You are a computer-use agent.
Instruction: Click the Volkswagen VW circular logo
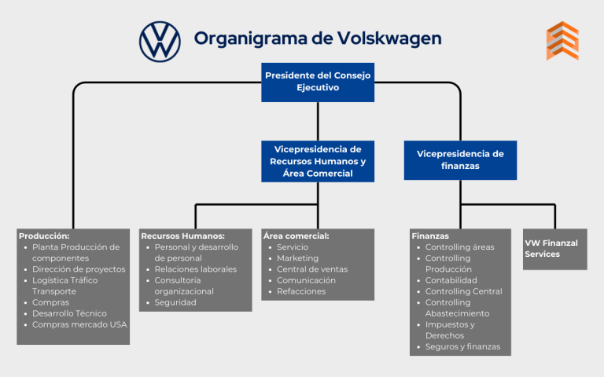160,41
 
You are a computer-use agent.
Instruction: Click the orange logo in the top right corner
562,41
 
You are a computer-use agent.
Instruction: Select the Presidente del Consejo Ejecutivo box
318,82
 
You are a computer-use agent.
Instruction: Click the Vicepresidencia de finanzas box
461,160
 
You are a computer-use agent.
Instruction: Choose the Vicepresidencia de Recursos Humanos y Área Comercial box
318,161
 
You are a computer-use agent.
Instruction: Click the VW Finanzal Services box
554,249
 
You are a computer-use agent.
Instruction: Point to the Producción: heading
44,236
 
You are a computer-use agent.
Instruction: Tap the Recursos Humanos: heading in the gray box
182,236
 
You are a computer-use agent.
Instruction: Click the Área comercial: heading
296,236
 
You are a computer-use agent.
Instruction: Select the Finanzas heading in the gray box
430,236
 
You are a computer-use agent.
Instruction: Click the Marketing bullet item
297,258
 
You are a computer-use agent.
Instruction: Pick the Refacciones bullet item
300,291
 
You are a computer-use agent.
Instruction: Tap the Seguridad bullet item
175,302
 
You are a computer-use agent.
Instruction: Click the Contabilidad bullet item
451,280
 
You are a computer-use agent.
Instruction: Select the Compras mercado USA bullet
79,324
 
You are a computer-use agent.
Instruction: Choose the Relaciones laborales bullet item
195,269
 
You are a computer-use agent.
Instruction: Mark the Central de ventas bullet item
311,269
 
